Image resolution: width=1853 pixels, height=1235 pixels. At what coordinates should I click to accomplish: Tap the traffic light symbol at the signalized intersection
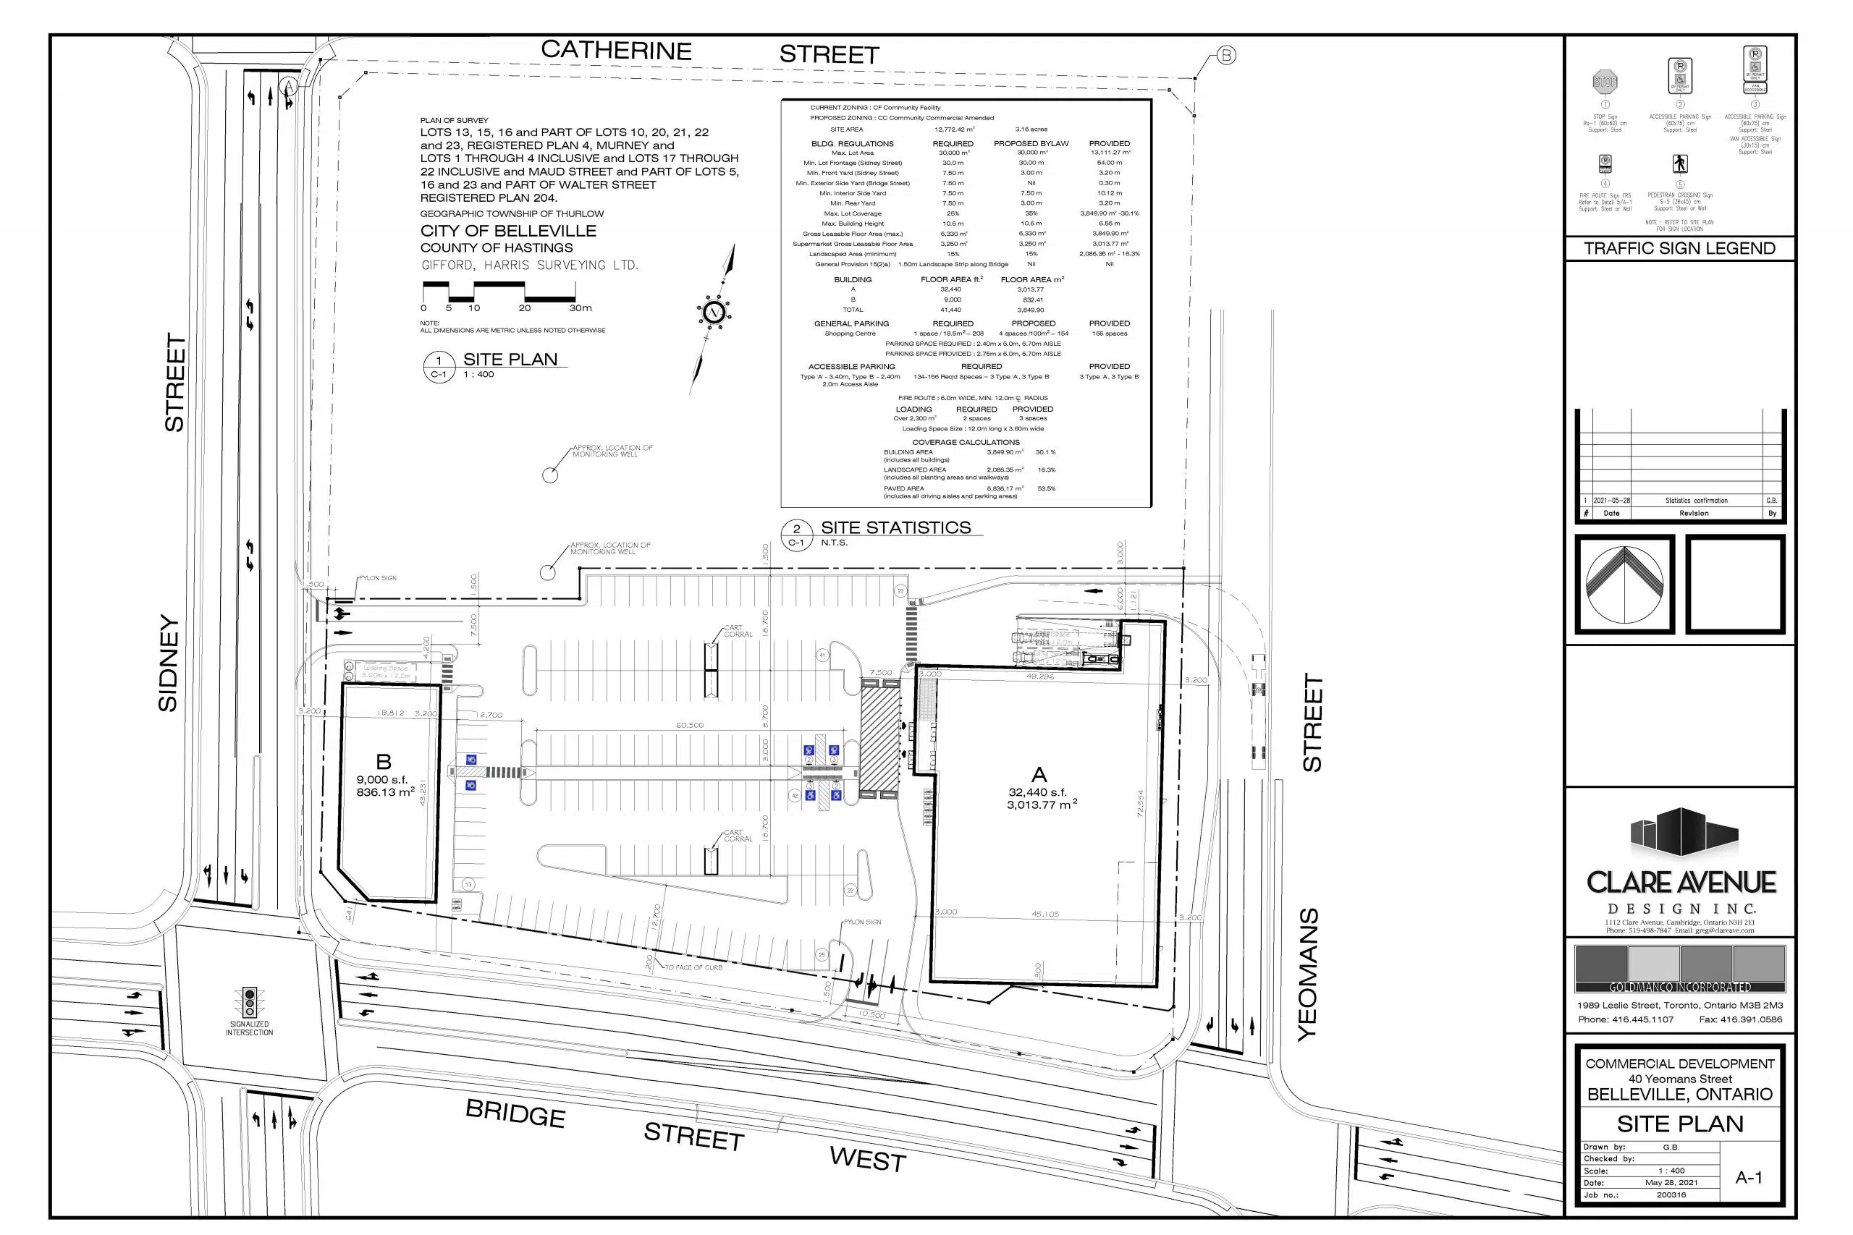click(250, 1002)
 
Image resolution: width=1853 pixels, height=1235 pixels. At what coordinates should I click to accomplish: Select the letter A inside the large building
click(1039, 775)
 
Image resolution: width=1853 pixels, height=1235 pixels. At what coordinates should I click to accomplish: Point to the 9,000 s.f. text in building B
click(381, 780)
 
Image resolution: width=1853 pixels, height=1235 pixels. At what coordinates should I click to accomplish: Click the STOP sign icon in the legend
click(1605, 80)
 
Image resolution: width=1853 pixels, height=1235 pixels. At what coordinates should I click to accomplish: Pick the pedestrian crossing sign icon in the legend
click(1680, 163)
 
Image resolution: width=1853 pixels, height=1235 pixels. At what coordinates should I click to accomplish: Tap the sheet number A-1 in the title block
click(1748, 1178)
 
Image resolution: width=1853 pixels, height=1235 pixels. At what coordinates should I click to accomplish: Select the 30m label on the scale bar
click(581, 308)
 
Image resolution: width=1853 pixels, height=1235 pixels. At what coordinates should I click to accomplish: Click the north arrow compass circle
click(714, 312)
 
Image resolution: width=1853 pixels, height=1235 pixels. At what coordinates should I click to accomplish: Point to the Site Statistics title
click(896, 527)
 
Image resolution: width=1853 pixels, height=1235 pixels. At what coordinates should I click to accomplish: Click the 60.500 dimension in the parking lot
click(689, 725)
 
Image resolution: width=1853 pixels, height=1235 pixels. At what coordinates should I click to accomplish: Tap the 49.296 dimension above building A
click(1040, 676)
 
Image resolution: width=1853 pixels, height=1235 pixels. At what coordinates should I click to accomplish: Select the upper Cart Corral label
click(738, 631)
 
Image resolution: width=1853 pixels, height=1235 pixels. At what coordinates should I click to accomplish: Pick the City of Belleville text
click(508, 231)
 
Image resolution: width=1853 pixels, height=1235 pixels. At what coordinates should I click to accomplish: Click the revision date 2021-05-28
click(1612, 500)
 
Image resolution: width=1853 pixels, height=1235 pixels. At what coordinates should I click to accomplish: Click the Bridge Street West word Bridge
click(515, 1113)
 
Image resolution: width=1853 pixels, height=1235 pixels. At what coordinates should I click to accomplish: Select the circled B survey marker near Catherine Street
click(1227, 55)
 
